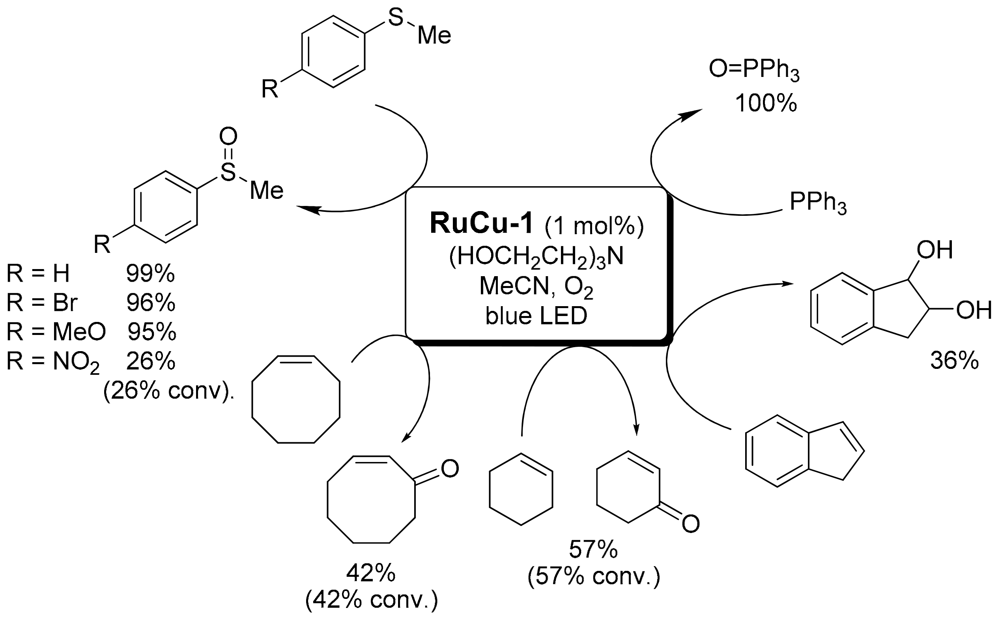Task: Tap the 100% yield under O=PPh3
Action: tap(766, 103)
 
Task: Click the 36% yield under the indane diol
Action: tap(954, 361)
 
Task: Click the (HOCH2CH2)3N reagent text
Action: tap(536, 257)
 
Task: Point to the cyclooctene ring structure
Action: tap(295, 399)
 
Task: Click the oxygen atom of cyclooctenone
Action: tap(450, 468)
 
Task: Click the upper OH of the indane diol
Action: tap(935, 250)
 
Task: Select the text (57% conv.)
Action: tap(594, 577)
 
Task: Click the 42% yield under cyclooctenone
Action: tap(371, 574)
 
